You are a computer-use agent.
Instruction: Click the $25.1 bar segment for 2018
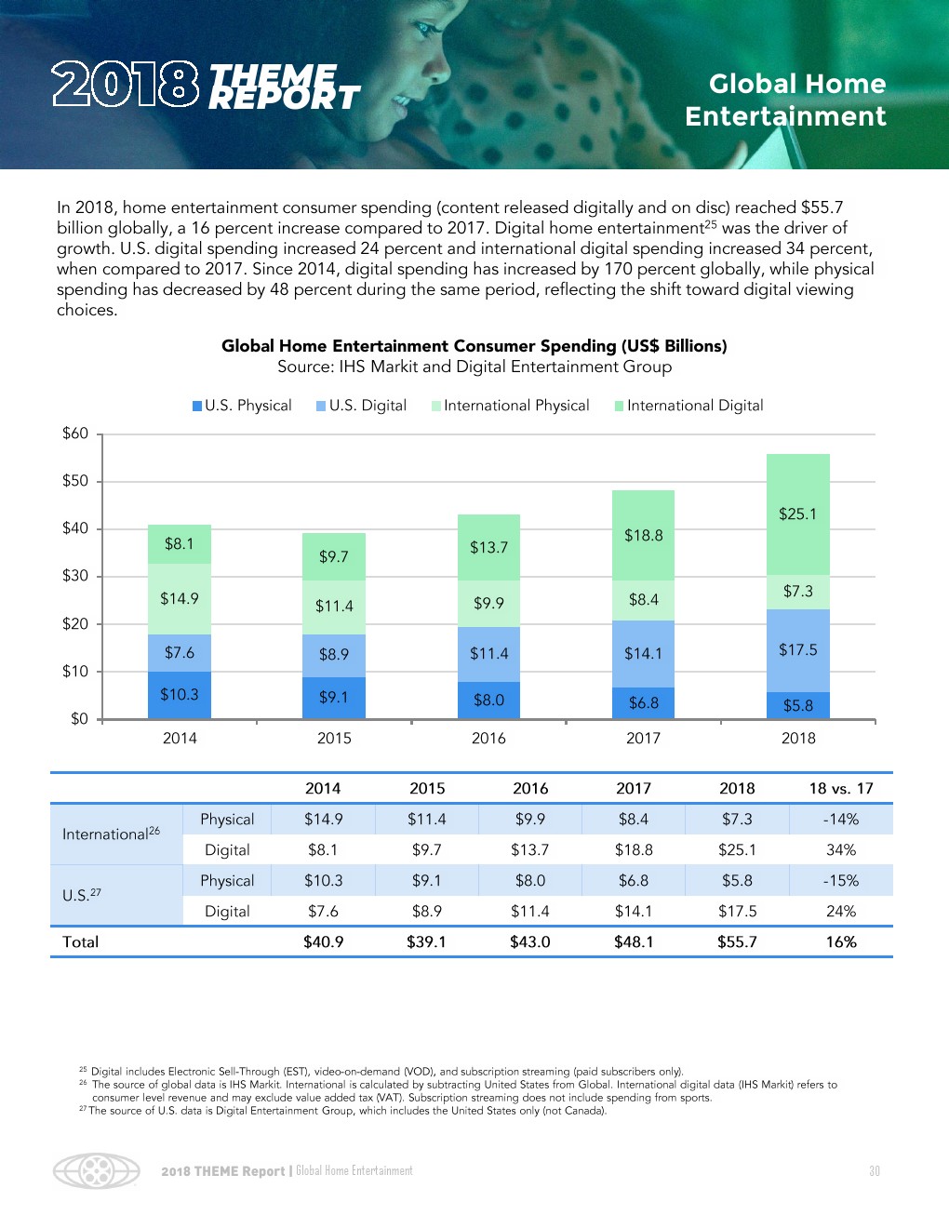(x=797, y=514)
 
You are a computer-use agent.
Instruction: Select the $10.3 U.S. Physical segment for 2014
(x=180, y=695)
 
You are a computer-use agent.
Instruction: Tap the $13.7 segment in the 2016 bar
(x=488, y=547)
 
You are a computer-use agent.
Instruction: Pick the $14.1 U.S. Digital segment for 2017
(x=643, y=654)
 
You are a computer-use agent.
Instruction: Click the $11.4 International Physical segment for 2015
(x=334, y=607)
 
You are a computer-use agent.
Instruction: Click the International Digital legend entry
(x=689, y=406)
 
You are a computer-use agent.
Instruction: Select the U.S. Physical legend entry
(x=242, y=406)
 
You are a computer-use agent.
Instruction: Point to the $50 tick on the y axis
(x=75, y=481)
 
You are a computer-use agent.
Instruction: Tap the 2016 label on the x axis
(x=488, y=738)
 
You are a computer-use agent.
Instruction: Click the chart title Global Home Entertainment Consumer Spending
(x=474, y=346)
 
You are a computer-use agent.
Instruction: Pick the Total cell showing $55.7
(x=737, y=941)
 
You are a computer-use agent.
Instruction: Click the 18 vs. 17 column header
(x=841, y=788)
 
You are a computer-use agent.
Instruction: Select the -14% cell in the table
(x=841, y=819)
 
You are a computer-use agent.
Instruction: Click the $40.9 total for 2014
(x=323, y=941)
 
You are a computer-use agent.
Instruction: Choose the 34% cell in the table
(x=841, y=849)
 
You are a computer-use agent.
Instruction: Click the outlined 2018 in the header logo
(x=125, y=85)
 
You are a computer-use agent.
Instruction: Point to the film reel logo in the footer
(x=96, y=1171)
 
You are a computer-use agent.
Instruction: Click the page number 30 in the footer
(x=874, y=1171)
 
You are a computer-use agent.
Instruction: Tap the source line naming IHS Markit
(x=474, y=367)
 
